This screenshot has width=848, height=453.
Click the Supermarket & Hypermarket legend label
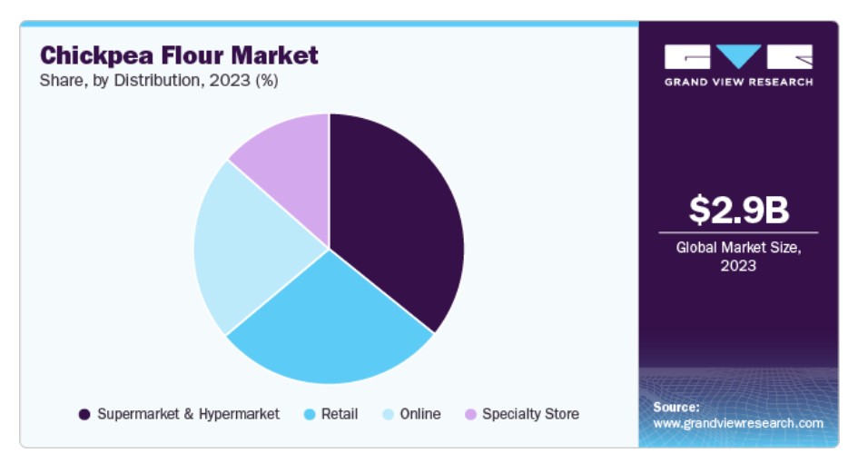click(189, 414)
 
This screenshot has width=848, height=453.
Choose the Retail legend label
click(340, 414)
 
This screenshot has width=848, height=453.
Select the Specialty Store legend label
click(530, 414)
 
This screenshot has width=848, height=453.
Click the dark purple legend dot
click(84, 415)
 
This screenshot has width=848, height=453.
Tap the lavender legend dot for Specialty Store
click(469, 415)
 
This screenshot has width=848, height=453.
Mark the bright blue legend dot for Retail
click(310, 415)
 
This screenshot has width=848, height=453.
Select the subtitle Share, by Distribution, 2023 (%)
click(158, 81)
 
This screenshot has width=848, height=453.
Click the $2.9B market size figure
click(738, 211)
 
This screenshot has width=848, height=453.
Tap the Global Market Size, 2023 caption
click(738, 256)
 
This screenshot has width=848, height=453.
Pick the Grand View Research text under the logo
click(738, 83)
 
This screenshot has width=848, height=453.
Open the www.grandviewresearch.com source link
click(738, 423)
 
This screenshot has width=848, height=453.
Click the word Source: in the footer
click(676, 407)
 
